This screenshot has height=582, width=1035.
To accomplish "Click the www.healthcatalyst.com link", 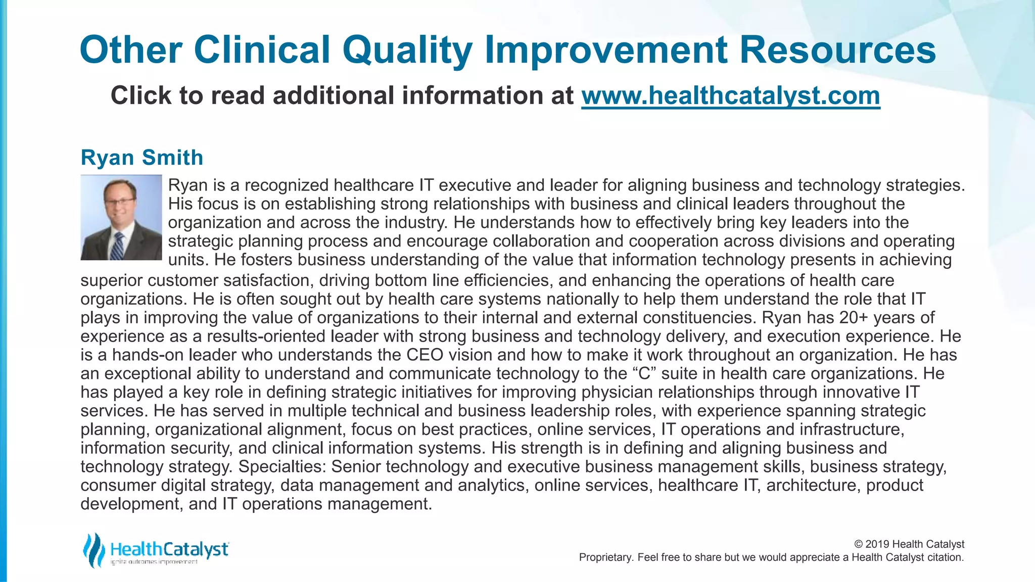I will click(x=730, y=95).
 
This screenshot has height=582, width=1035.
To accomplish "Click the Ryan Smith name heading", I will click(x=142, y=158).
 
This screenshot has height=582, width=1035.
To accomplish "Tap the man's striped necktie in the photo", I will click(x=117, y=246).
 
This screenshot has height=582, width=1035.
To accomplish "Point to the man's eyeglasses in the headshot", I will click(x=119, y=201).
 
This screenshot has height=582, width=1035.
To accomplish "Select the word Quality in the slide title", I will click(x=407, y=50).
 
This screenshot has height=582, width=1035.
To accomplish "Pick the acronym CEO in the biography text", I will click(x=425, y=355).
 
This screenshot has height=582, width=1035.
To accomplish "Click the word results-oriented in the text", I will click(x=268, y=336).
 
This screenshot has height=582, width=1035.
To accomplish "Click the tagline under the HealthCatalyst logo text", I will click(x=154, y=562).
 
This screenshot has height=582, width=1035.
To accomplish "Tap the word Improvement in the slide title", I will click(x=606, y=50).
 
